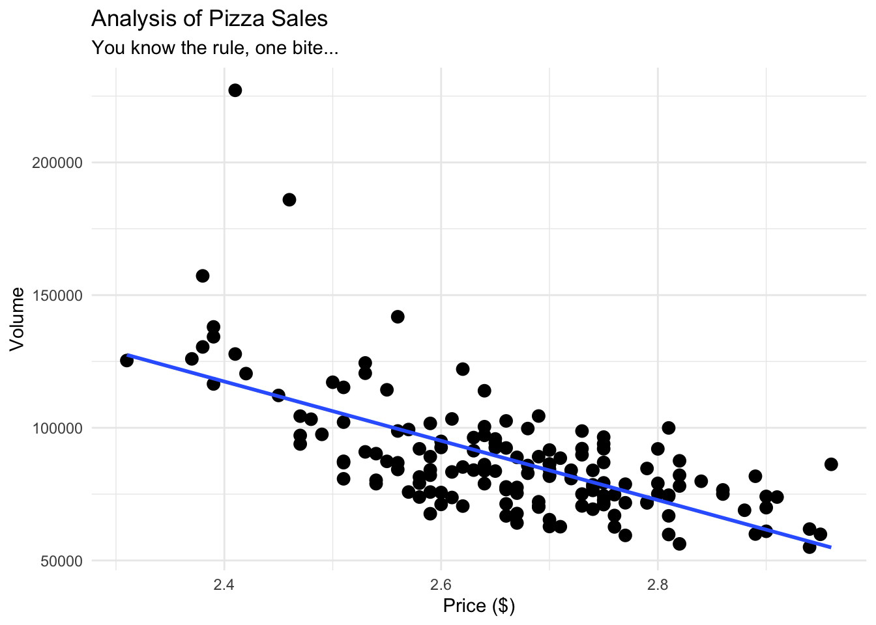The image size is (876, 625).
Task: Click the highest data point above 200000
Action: click(x=235, y=90)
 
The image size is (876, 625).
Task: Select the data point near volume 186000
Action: click(x=289, y=200)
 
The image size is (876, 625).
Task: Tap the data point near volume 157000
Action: click(x=203, y=276)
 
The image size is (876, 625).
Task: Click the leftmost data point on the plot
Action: click(x=127, y=361)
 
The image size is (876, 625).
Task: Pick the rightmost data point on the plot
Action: click(x=831, y=464)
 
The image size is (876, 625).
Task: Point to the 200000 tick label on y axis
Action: click(x=57, y=163)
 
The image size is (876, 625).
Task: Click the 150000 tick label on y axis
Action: click(x=57, y=296)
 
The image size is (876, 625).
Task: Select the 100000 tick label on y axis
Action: click(x=57, y=428)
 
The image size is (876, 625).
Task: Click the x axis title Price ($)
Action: click(x=479, y=606)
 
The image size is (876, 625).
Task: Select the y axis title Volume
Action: click(x=18, y=319)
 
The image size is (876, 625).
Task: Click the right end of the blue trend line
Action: click(x=830, y=548)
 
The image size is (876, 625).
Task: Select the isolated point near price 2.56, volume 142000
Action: click(x=398, y=317)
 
